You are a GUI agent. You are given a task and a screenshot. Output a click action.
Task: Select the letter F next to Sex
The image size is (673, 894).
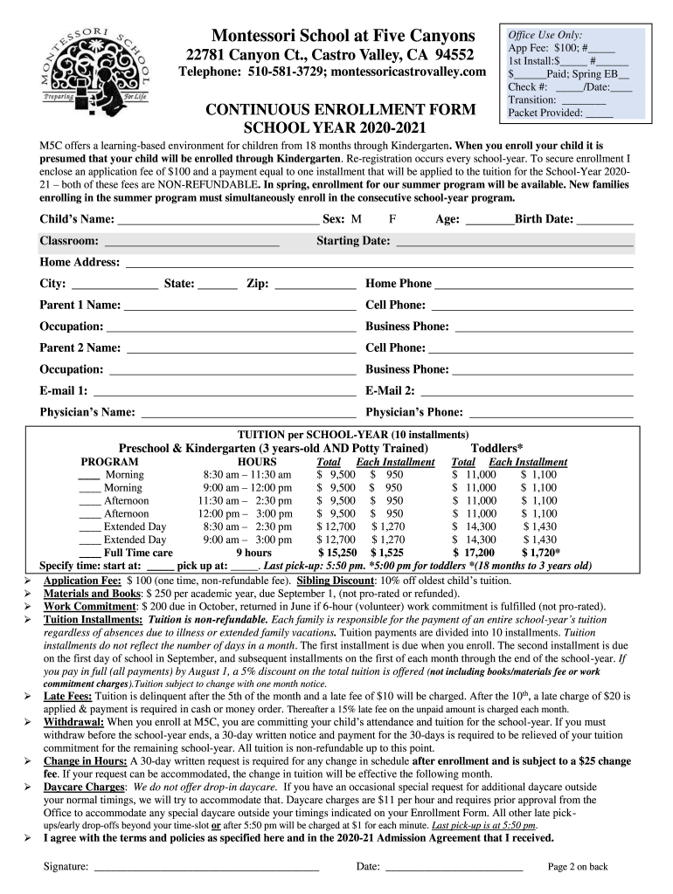click(x=392, y=218)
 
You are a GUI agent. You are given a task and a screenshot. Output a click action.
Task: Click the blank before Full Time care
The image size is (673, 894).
click(x=89, y=553)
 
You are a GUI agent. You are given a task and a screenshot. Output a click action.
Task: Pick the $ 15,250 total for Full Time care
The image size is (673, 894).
click(x=337, y=553)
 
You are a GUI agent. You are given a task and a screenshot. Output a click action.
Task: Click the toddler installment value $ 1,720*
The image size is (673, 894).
click(x=541, y=553)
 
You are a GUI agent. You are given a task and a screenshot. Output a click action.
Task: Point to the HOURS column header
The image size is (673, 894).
click(x=257, y=462)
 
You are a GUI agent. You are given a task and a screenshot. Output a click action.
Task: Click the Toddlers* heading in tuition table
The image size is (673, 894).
click(x=497, y=447)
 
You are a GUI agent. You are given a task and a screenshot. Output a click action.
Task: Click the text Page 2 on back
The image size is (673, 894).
click(x=578, y=867)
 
